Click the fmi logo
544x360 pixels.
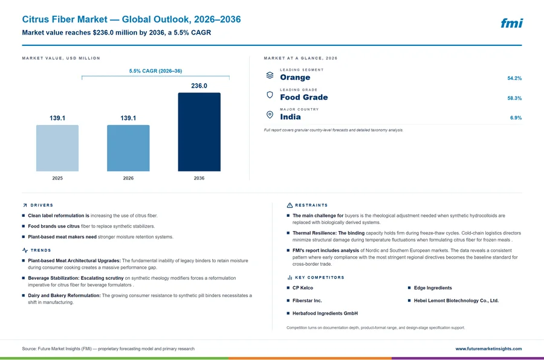click(511, 23)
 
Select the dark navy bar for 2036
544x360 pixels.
click(199, 132)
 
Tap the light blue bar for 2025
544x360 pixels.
click(57, 148)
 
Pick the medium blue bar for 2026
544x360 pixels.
click(128, 148)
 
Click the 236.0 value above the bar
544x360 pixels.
click(199, 86)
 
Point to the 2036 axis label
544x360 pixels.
click(199, 178)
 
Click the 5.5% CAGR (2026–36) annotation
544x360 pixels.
click(155, 71)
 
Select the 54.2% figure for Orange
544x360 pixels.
click(514, 79)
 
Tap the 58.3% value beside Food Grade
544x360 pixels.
click(514, 98)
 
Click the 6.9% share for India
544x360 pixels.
click(516, 118)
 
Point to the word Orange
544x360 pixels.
click(295, 77)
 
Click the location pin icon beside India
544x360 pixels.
click(270, 115)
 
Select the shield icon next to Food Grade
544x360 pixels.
click(270, 95)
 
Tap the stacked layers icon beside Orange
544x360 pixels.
click(270, 75)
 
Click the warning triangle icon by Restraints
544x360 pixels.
click(290, 205)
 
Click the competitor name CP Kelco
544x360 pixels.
click(303, 288)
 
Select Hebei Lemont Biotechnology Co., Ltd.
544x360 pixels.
click(456, 301)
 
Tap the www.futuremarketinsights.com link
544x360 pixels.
click(488, 349)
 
